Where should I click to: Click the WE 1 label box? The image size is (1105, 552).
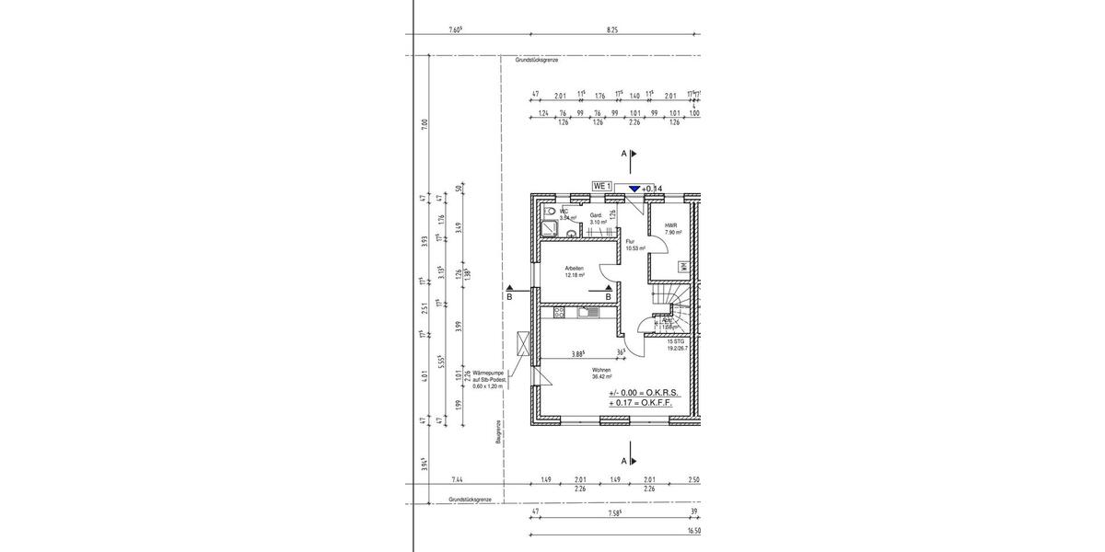[602, 187]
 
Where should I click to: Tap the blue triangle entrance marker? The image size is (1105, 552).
[634, 188]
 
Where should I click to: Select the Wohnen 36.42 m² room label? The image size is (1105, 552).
[603, 373]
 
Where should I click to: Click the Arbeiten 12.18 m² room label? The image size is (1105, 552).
[575, 271]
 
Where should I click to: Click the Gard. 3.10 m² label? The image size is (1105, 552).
[596, 219]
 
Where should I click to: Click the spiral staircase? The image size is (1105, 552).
[672, 304]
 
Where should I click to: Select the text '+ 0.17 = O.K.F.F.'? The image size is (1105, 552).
[641, 403]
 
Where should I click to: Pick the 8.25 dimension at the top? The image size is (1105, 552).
[612, 29]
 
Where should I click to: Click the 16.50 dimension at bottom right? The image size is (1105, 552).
[693, 531]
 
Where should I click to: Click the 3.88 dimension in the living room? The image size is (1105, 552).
[578, 353]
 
